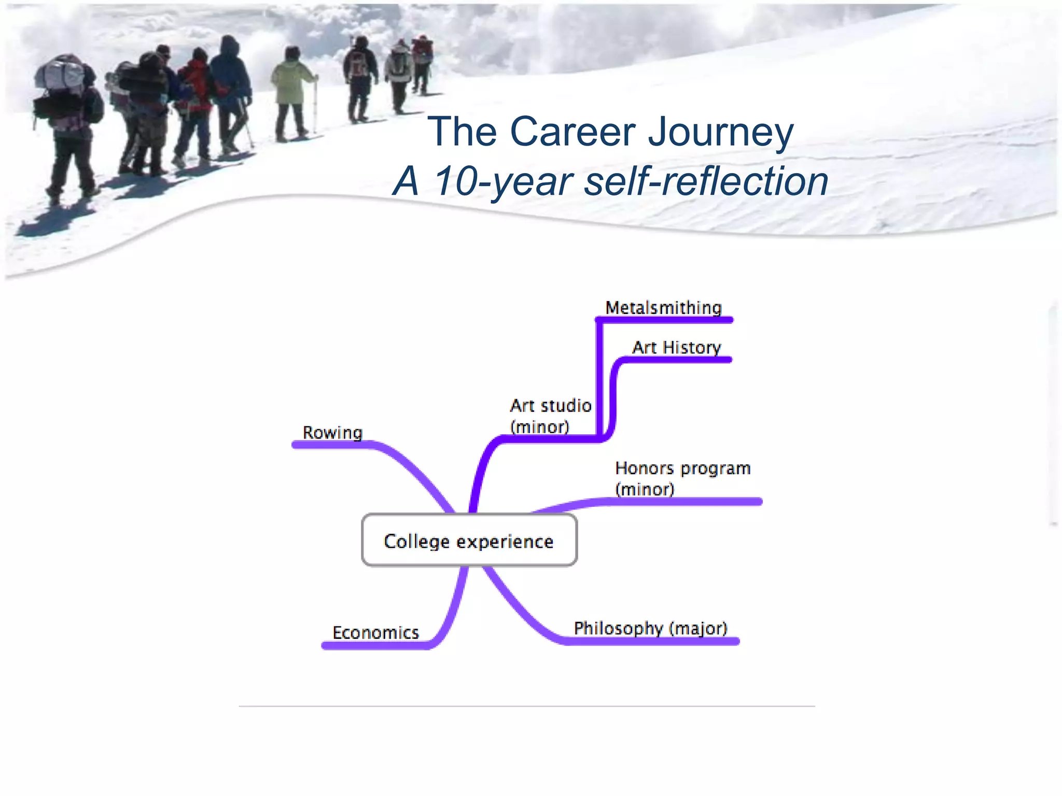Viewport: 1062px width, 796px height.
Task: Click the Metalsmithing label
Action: pyautogui.click(x=663, y=308)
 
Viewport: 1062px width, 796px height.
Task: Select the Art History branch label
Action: pyautogui.click(x=676, y=347)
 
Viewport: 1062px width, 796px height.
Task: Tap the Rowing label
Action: pyautogui.click(x=332, y=433)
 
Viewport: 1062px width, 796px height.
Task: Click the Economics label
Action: pyautogui.click(x=375, y=633)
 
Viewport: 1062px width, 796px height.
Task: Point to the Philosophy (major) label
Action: pyautogui.click(x=650, y=628)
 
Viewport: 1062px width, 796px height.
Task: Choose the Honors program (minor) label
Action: pyautogui.click(x=682, y=478)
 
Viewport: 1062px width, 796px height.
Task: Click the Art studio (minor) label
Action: pyautogui.click(x=550, y=416)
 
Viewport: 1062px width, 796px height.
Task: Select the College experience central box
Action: pyautogui.click(x=469, y=541)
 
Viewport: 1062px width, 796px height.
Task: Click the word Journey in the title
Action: pyautogui.click(x=721, y=132)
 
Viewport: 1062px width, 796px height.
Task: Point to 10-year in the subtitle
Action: pyautogui.click(x=503, y=181)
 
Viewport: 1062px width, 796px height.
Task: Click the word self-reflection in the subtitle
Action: pyautogui.click(x=706, y=181)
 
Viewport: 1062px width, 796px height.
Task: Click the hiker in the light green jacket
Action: pyautogui.click(x=291, y=93)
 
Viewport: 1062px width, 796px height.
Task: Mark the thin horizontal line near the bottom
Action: pyautogui.click(x=526, y=706)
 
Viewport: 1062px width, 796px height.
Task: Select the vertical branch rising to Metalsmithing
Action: pyautogui.click(x=599, y=378)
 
